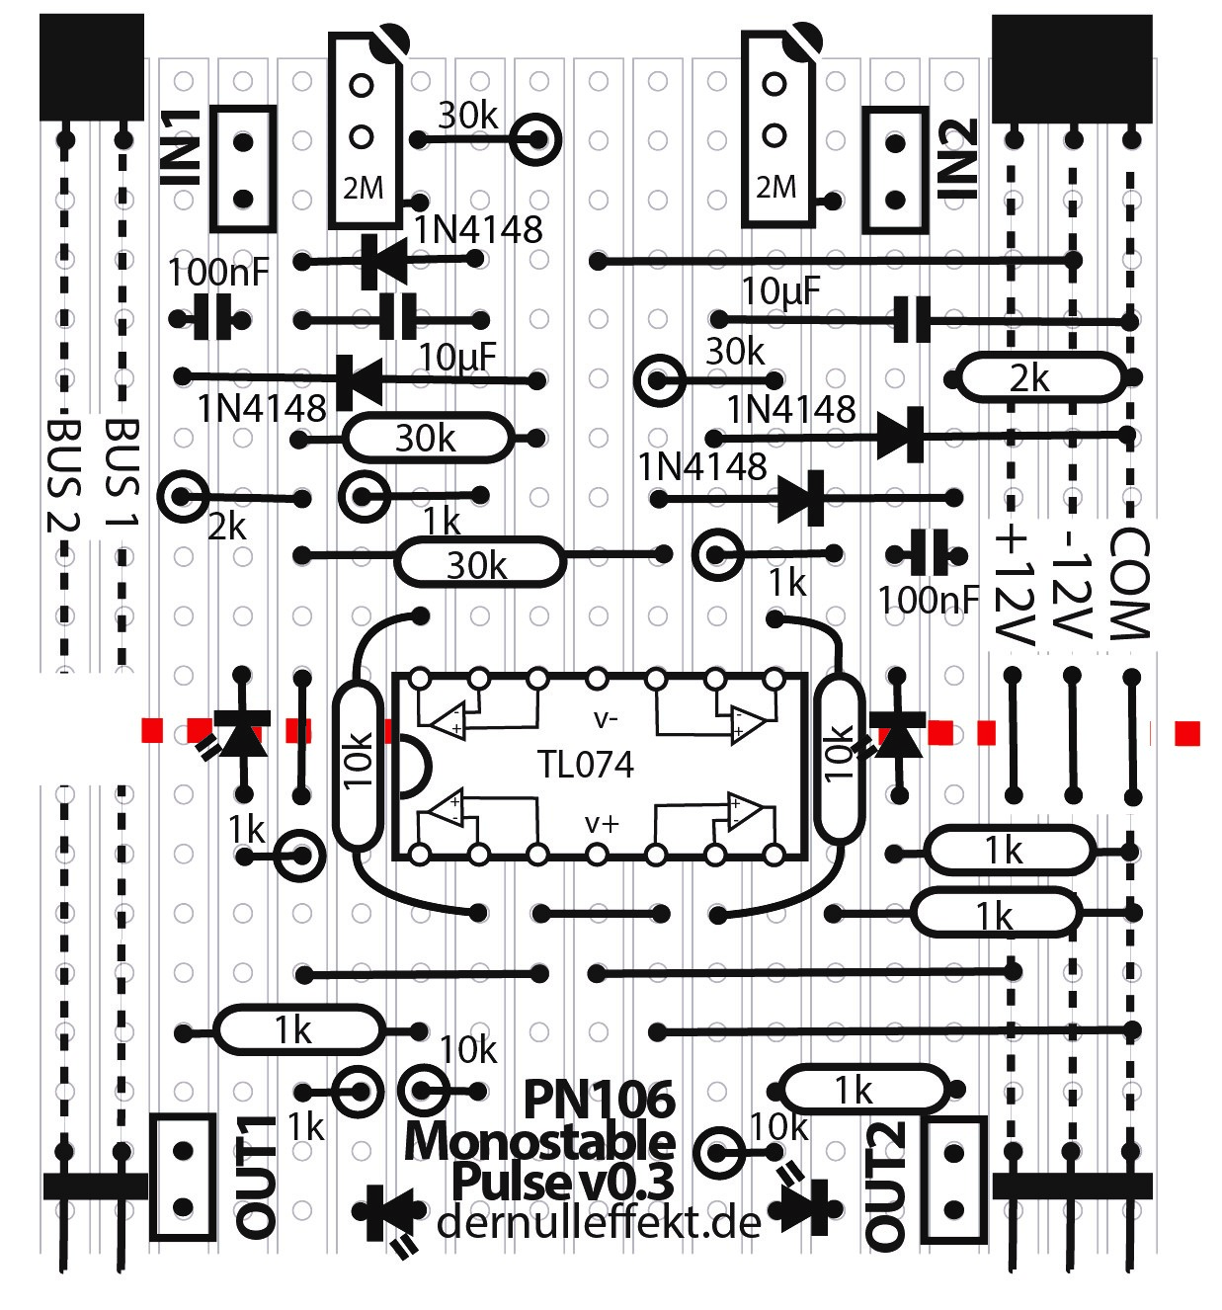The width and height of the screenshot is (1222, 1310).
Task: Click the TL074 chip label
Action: click(585, 764)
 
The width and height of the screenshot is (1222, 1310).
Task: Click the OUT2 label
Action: click(885, 1186)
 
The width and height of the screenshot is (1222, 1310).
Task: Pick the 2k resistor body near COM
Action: click(1039, 378)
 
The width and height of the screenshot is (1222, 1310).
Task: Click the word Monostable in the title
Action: click(539, 1142)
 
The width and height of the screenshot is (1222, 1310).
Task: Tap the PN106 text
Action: click(599, 1099)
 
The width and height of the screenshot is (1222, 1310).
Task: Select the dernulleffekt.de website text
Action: click(599, 1223)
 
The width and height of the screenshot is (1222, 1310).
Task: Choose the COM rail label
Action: click(1130, 583)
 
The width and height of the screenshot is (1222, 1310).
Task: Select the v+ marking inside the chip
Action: click(601, 822)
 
